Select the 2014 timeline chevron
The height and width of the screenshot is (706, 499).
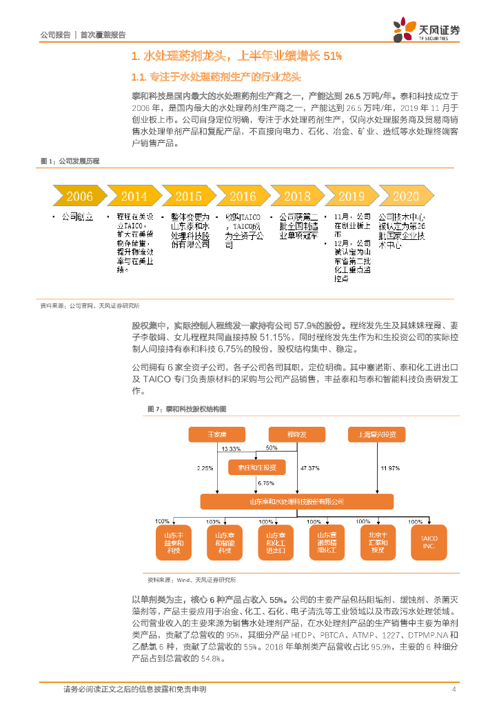pyautogui.click(x=134, y=196)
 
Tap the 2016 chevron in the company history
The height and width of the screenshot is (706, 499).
pyautogui.click(x=243, y=196)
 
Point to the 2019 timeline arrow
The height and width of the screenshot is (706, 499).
pyautogui.click(x=351, y=196)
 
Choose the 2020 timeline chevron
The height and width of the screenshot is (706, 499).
pyautogui.click(x=405, y=196)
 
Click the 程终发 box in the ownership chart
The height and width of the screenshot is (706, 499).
pyautogui.click(x=297, y=434)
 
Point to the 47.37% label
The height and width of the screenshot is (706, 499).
pyautogui.click(x=310, y=468)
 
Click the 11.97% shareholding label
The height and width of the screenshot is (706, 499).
pyautogui.click(x=390, y=468)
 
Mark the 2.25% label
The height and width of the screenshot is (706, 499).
pyautogui.click(x=205, y=468)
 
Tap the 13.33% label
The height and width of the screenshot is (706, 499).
pyautogui.click(x=232, y=449)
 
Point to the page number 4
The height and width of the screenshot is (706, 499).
pyautogui.click(x=454, y=689)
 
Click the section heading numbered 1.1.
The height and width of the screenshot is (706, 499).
pyautogui.click(x=216, y=77)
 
